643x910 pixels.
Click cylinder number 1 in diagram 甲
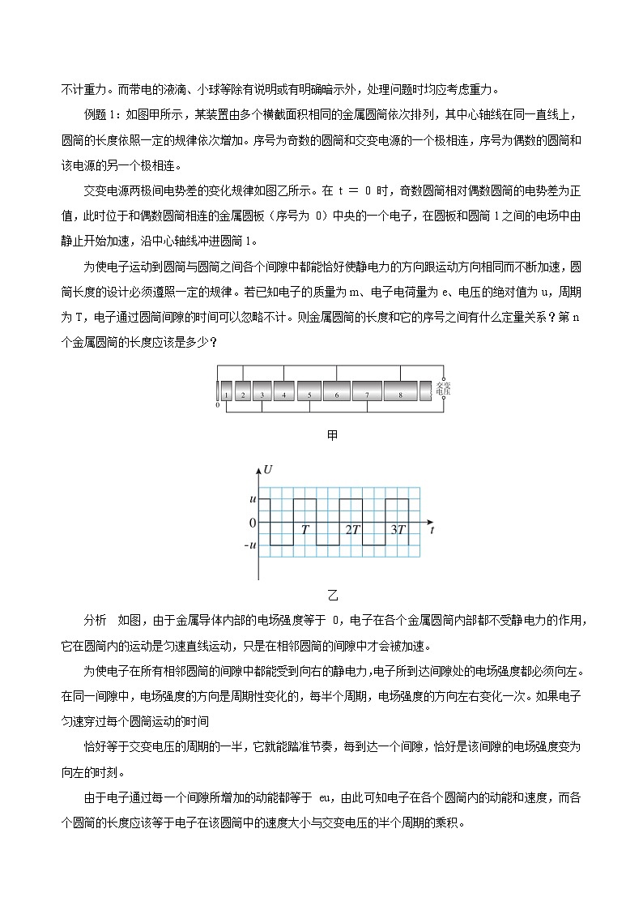(228, 395)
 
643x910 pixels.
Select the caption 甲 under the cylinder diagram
(332, 435)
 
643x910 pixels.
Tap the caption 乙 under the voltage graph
(332, 596)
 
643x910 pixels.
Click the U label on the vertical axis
(268, 470)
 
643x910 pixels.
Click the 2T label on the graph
(352, 530)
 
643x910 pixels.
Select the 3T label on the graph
(398, 530)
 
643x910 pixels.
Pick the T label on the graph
(304, 530)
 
